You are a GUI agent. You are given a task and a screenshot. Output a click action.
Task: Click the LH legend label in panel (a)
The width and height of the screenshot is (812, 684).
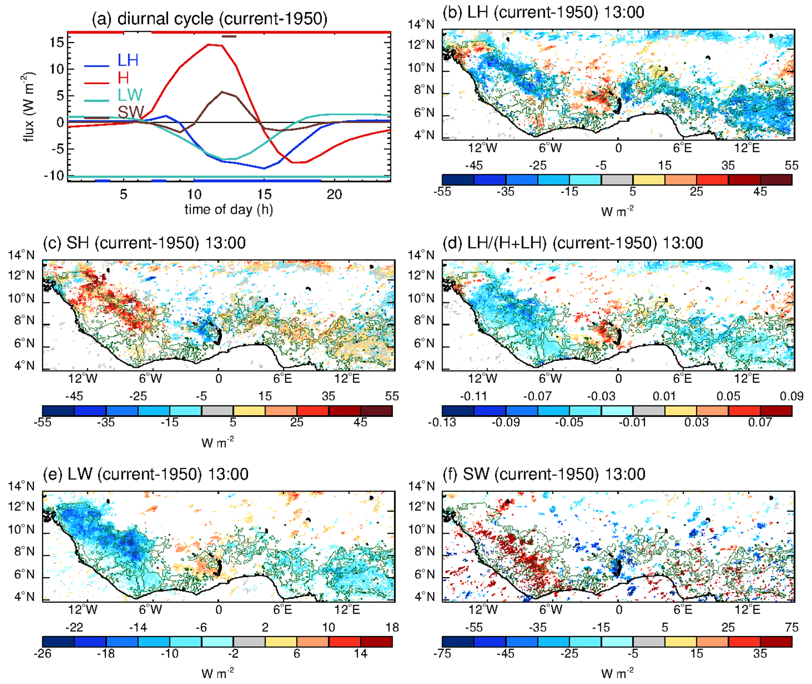(x=128, y=60)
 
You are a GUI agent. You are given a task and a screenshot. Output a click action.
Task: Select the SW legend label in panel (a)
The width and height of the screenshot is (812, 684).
(x=130, y=112)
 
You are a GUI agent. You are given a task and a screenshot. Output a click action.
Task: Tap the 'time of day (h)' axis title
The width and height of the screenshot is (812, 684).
(x=228, y=210)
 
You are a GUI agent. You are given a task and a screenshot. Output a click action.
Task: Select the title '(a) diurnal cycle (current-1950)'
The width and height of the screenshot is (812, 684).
(x=209, y=19)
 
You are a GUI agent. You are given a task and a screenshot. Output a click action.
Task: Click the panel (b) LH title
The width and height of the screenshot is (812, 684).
(x=543, y=12)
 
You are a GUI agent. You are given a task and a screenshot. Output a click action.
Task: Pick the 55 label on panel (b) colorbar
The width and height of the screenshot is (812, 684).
(x=791, y=165)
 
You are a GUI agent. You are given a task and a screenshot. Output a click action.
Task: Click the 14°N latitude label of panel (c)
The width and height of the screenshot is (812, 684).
(x=21, y=255)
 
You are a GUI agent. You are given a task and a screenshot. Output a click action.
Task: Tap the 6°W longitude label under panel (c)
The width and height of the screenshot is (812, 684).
(x=150, y=378)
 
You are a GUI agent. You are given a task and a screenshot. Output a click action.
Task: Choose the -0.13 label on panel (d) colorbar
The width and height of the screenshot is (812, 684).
(x=442, y=422)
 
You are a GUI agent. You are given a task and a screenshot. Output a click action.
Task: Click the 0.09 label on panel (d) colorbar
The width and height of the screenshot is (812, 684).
(x=791, y=397)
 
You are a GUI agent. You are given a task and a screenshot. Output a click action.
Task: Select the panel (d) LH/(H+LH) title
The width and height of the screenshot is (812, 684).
(x=572, y=243)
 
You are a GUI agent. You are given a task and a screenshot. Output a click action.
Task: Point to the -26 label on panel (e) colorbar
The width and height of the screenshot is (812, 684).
(x=43, y=653)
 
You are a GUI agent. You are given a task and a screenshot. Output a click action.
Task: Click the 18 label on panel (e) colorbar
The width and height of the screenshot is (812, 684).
(x=392, y=628)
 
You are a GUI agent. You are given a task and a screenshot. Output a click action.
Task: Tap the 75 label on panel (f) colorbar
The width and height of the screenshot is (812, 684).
(x=791, y=628)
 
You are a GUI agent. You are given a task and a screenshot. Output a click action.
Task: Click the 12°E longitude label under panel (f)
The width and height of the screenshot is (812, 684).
(x=747, y=610)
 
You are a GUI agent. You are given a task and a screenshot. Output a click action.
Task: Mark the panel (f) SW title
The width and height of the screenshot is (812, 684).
(x=544, y=474)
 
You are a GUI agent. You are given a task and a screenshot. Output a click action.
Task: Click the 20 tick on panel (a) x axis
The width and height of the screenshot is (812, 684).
(x=334, y=195)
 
